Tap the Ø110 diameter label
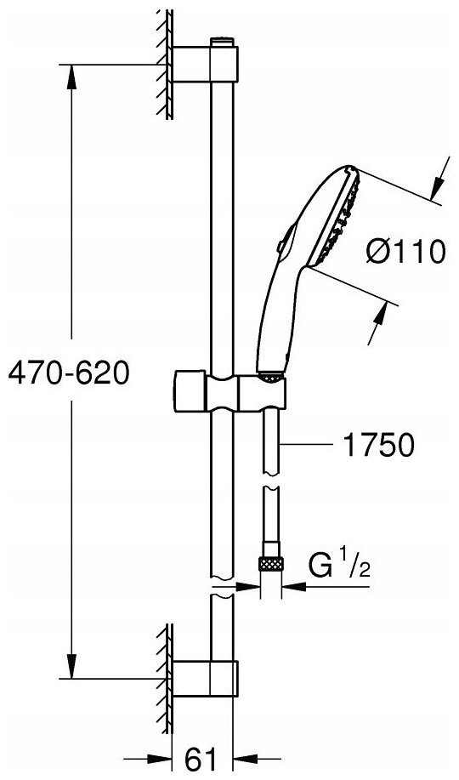tap(405, 252)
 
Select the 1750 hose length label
tap(378, 444)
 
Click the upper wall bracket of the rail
tap(206, 64)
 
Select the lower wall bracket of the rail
tap(206, 678)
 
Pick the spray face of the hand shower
tap(335, 219)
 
